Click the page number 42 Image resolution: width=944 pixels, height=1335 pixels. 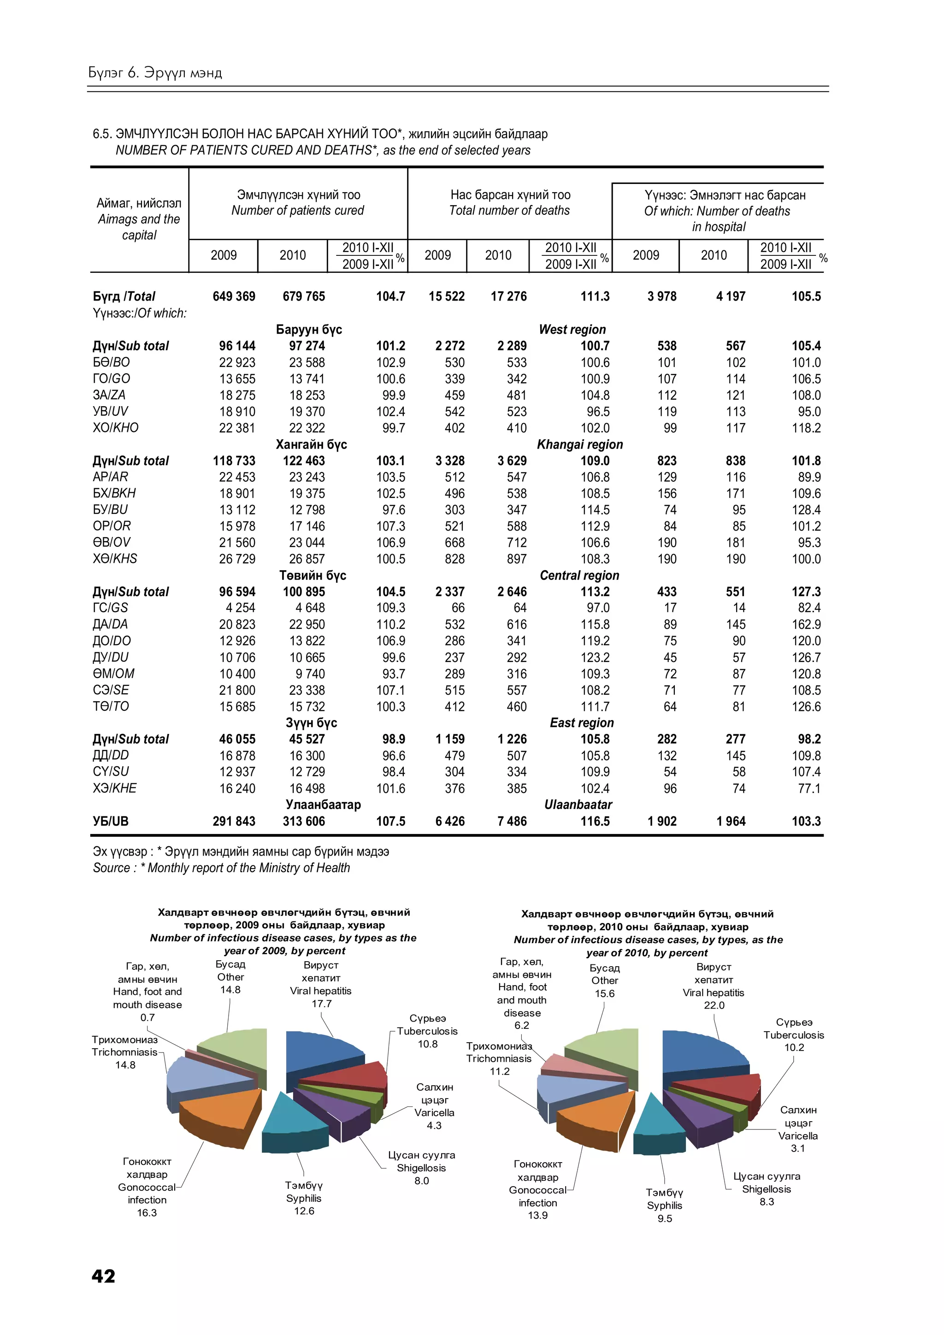point(103,1276)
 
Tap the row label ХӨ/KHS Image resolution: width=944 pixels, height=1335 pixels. point(115,559)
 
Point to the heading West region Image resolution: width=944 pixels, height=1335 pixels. point(572,330)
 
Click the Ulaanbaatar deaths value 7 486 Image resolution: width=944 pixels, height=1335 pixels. point(512,821)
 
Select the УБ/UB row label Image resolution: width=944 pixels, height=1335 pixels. point(111,821)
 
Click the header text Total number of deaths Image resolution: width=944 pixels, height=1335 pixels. point(509,211)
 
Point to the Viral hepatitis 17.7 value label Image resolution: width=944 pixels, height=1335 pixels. point(321,1004)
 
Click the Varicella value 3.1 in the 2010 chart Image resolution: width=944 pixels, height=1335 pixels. point(797,1148)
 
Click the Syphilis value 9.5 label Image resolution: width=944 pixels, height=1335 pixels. point(664,1218)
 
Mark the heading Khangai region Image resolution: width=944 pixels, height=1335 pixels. point(579,445)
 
